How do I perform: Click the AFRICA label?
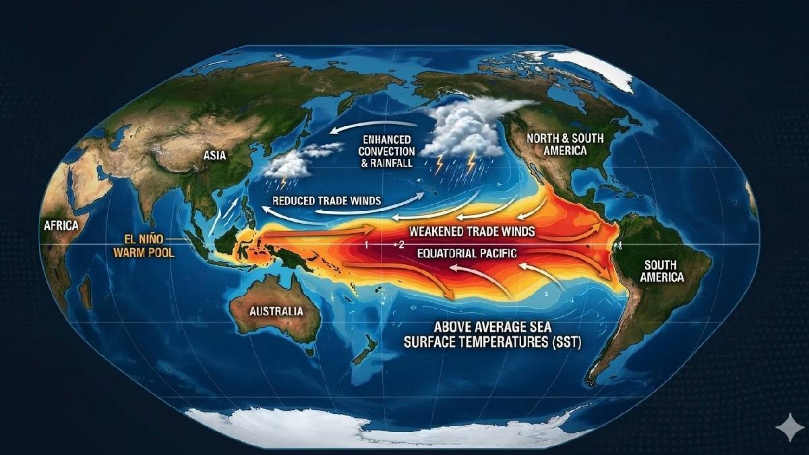pos(61,226)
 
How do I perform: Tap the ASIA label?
pos(214,156)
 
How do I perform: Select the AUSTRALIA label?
pos(276,311)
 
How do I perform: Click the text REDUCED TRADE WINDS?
pos(326,201)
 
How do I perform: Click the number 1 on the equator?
pos(366,244)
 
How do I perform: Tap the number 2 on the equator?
pos(400,244)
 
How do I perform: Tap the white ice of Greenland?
pos(593,67)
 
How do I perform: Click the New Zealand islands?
pos(367,351)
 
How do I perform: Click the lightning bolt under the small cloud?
pos(284,182)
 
